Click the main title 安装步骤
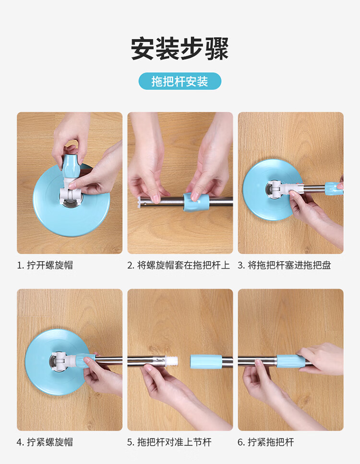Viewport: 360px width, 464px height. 180,49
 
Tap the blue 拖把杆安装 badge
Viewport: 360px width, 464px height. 180,81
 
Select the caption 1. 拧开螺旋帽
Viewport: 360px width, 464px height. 45,265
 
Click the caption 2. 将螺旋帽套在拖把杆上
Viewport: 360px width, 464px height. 179,265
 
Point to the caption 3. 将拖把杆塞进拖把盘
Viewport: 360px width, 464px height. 284,265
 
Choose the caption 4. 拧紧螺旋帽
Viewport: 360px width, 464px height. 45,442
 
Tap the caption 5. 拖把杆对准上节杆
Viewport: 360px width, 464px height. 169,442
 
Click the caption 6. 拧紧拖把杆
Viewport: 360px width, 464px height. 266,442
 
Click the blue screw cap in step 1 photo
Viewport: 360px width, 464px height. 72,166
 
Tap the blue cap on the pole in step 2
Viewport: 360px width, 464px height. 192,202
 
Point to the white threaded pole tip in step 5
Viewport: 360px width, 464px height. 172,362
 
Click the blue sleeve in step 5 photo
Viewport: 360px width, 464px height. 206,362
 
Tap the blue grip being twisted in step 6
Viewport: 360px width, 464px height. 291,361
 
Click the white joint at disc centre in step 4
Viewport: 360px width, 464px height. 63,360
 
